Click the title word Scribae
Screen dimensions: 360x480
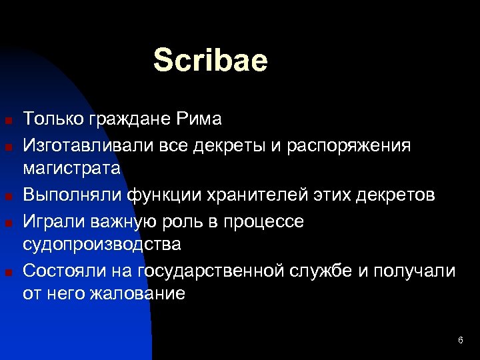210,60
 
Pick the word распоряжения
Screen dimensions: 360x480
349,145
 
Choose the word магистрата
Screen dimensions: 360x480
72,168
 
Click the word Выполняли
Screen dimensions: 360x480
70,195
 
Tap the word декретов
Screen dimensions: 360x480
396,195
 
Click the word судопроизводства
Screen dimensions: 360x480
102,244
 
